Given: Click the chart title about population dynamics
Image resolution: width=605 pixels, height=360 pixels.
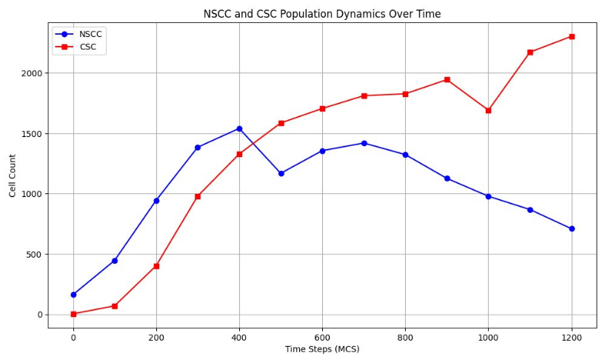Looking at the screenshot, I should click(322, 14).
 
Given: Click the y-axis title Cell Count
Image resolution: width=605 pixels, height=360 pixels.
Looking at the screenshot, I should click(13, 176).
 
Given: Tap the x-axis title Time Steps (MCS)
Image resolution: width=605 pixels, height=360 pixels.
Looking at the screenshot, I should click(322, 349).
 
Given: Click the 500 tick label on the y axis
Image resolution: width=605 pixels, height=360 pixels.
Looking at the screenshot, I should click(34, 254).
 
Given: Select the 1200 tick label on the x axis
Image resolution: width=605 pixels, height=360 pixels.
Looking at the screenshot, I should click(571, 337).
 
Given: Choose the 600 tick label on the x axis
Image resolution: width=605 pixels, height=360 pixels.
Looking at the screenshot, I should click(322, 337).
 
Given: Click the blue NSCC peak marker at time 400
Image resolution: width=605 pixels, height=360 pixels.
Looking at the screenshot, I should click(239, 129).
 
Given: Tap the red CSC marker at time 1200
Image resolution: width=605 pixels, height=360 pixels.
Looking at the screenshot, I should click(572, 36).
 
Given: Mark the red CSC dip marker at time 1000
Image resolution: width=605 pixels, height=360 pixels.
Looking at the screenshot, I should click(488, 110).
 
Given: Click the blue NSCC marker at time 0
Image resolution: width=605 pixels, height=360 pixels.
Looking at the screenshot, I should click(73, 295).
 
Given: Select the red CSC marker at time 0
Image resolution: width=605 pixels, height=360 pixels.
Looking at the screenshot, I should click(73, 314).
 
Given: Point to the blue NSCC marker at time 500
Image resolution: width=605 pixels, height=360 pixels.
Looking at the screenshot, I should click(281, 173).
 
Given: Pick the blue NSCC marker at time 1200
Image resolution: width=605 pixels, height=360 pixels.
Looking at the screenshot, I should click(572, 229).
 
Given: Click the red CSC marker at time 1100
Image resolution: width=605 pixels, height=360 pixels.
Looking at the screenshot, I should click(530, 52).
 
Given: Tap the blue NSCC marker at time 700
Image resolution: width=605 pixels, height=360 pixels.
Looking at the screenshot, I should click(364, 143).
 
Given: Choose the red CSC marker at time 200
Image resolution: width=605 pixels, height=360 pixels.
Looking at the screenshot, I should click(156, 266).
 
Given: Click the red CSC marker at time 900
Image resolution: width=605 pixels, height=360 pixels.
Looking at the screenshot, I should click(447, 79).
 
